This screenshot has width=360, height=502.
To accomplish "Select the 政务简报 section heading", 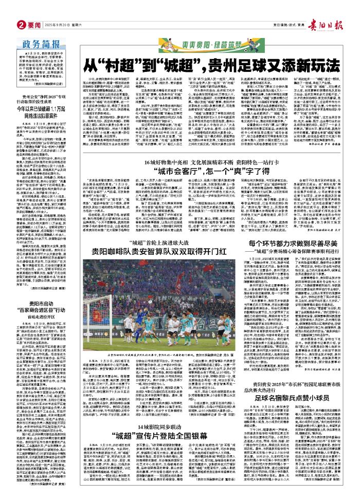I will coord(32,30).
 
